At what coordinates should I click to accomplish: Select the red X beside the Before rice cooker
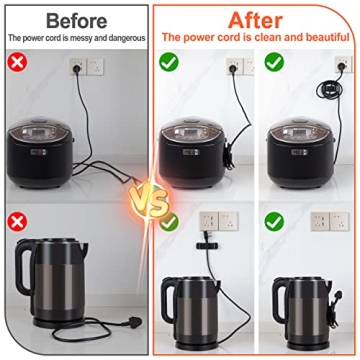pyautogui.click(x=18, y=63)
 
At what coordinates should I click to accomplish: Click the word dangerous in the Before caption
pyautogui.click(x=124, y=37)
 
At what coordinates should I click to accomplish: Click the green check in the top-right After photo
pyautogui.click(x=273, y=63)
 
